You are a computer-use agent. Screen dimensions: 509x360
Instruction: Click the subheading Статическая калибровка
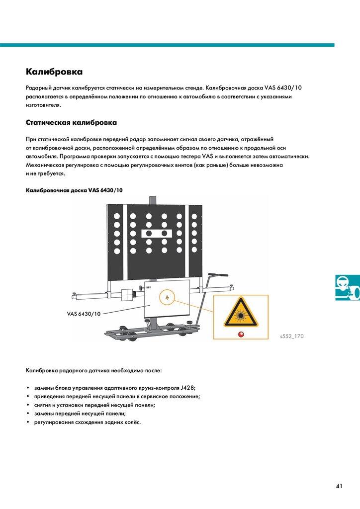(x=71, y=122)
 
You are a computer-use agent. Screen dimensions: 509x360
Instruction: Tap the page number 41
(x=339, y=486)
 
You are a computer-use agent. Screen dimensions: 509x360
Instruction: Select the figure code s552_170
(x=292, y=337)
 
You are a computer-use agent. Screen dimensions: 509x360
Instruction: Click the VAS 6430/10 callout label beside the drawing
(x=84, y=314)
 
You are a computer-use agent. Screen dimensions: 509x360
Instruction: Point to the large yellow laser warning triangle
(x=240, y=313)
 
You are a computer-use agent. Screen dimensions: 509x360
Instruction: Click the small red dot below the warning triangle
(x=241, y=334)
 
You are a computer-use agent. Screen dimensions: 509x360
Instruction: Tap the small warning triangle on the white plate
(x=167, y=298)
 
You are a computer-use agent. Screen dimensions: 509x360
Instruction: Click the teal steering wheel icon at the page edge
(x=347, y=287)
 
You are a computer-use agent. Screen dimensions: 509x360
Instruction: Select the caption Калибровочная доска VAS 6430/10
(x=74, y=190)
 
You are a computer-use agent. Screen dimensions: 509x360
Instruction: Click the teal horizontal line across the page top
(x=167, y=45)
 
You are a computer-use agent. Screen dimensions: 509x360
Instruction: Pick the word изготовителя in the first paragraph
(x=43, y=105)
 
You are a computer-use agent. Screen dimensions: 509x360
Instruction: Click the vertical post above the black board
(x=153, y=199)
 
